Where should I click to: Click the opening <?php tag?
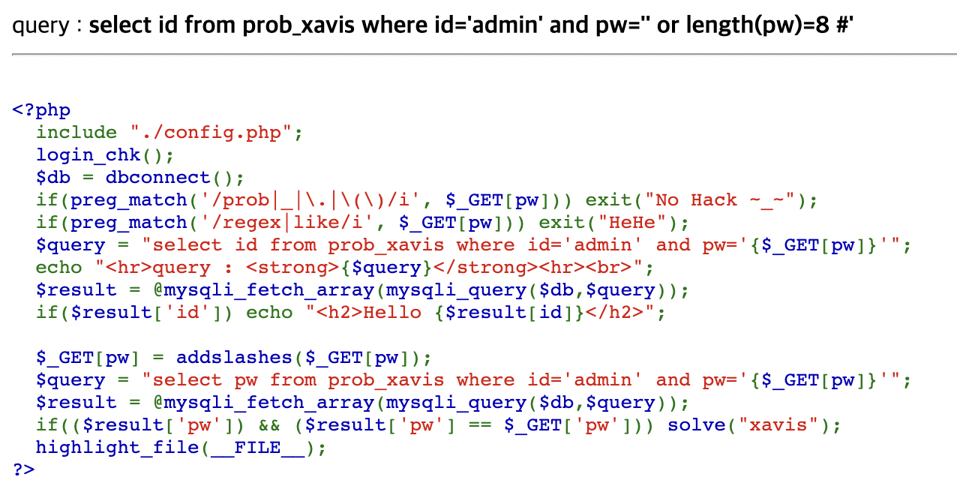(41, 110)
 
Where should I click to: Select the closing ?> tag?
(23, 470)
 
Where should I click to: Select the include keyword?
(76, 133)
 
